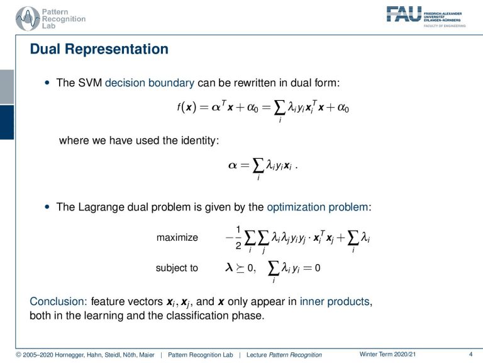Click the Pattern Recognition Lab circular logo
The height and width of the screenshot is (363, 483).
tap(28, 19)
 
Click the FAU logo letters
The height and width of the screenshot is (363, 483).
tap(404, 14)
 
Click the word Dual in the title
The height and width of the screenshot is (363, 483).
tap(45, 49)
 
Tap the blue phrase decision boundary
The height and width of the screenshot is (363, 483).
tap(150, 83)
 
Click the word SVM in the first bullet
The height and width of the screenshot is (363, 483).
tap(90, 83)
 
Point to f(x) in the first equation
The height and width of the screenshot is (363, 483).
tap(187, 107)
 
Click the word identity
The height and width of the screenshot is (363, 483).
tap(199, 141)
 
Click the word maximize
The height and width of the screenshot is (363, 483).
tap(177, 238)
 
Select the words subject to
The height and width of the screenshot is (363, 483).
tap(177, 268)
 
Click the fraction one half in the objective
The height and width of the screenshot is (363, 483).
tap(238, 238)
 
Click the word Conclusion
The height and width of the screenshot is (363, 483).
tap(58, 301)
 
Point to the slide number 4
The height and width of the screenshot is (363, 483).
tap(470, 354)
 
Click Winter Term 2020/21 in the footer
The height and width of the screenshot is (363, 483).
tap(387, 354)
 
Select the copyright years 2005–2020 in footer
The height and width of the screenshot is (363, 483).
tap(38, 355)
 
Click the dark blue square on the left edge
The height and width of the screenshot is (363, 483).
tap(7, 122)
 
